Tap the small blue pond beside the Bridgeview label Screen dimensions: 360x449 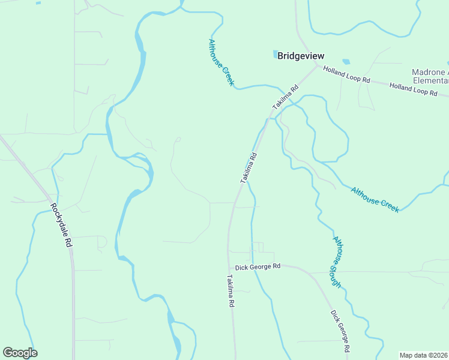pyautogui.click(x=275, y=55)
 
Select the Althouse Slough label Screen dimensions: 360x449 pyautogui.click(x=338, y=262)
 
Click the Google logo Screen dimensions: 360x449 pyautogui.click(x=20, y=353)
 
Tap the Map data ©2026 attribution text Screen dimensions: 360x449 pyautogui.click(x=424, y=355)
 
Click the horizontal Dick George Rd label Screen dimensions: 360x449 pyautogui.click(x=258, y=266)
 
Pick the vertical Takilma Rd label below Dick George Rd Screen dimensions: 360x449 pyautogui.click(x=230, y=292)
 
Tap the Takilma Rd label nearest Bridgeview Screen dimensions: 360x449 pyautogui.click(x=285, y=97)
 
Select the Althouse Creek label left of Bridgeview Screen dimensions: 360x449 pyautogui.click(x=220, y=62)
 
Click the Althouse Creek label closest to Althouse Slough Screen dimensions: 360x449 pyautogui.click(x=375, y=198)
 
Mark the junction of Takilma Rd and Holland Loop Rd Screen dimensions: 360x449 pyautogui.click(x=316, y=65)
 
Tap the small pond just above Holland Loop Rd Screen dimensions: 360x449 pyautogui.click(x=346, y=61)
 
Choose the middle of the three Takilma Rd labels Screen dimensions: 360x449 pyautogui.click(x=249, y=168)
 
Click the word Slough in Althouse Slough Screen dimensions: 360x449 pyautogui.click(x=336, y=273)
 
